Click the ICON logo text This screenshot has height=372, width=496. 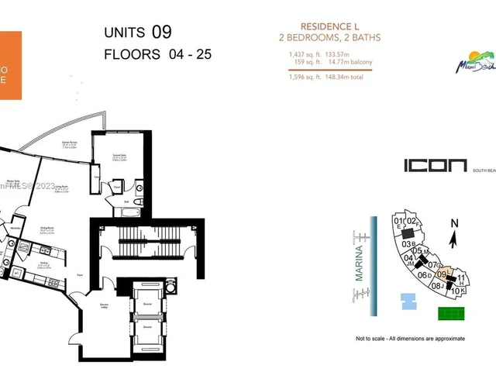pyautogui.click(x=435, y=165)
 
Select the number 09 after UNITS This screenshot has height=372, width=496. pyautogui.click(x=161, y=33)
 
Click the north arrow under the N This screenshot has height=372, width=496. pyautogui.click(x=454, y=240)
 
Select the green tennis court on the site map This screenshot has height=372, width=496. pyautogui.click(x=449, y=314)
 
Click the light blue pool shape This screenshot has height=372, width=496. pyautogui.click(x=408, y=301)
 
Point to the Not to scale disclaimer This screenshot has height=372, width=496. pyautogui.click(x=410, y=339)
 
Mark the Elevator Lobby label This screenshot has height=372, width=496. pyautogui.click(x=104, y=307)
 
